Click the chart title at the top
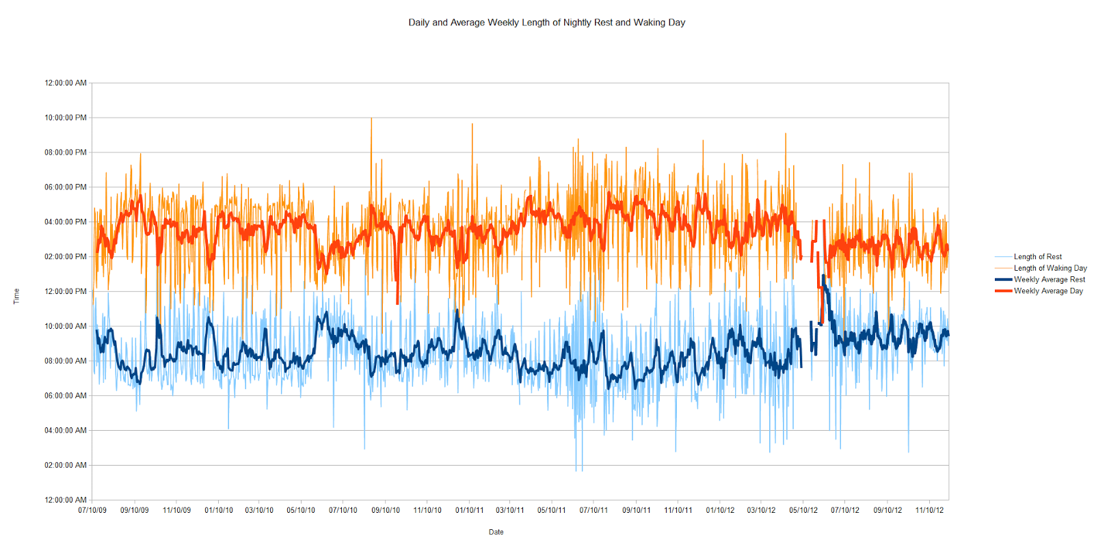546,23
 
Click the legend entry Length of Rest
1037,257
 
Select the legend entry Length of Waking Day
1050,268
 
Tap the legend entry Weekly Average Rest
1049,280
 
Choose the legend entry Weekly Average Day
1048,291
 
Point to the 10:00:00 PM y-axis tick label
66,118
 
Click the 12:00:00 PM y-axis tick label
66,291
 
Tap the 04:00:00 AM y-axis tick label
66,430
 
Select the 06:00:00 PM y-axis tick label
66,187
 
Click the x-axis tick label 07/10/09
92,510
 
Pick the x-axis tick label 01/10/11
469,510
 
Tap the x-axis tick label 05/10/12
803,510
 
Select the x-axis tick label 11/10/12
929,510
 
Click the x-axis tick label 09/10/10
386,510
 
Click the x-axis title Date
496,532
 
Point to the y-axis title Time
16,296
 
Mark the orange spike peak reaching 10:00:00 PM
371,118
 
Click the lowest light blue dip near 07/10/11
576,470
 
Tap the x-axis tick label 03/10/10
259,510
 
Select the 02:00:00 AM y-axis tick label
66,465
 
